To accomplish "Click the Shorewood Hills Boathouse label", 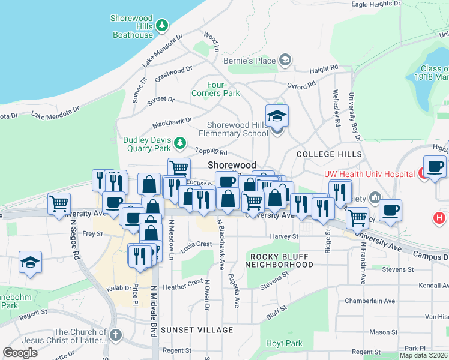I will click(133, 26).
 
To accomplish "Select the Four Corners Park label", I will click(215, 89).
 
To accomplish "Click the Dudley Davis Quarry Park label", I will click(147, 145).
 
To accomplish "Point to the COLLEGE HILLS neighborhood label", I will click(330, 154).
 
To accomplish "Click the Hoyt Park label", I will click(285, 344).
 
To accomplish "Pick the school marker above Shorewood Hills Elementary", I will click(277, 115).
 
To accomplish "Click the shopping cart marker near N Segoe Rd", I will click(59, 203).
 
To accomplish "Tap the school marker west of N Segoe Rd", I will click(30, 262).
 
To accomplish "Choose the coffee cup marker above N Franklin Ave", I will click(390, 211).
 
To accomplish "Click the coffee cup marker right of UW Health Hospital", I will click(435, 166).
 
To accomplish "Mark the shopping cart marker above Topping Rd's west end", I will click(179, 169).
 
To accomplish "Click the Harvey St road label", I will click(284, 236).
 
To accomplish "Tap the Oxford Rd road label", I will click(301, 86).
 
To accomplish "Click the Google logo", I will click(20, 353).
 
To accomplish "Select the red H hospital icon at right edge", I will click(440, 217).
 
